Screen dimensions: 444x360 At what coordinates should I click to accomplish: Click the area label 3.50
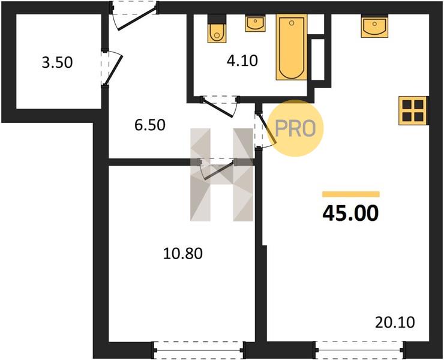click(57, 62)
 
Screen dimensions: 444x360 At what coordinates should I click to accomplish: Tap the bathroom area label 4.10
click(242, 61)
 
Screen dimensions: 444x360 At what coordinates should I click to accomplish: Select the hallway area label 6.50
click(150, 125)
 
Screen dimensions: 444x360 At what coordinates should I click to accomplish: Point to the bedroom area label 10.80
click(183, 254)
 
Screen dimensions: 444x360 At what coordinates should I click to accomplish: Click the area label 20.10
click(395, 322)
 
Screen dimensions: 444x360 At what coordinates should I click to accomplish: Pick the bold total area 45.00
click(350, 213)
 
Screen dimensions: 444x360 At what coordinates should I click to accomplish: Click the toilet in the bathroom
click(217, 29)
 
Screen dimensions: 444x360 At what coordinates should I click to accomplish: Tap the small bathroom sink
click(256, 24)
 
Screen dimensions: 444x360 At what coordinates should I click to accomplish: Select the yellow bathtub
click(292, 47)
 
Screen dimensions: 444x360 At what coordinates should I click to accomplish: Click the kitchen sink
click(374, 26)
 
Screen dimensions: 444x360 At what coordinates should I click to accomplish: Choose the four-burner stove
click(413, 111)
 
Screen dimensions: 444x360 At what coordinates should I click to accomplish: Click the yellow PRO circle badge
click(295, 128)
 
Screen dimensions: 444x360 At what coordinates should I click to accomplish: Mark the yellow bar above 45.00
click(351, 194)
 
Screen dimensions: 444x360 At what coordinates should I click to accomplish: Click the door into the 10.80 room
click(217, 169)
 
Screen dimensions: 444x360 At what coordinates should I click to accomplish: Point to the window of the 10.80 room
click(199, 350)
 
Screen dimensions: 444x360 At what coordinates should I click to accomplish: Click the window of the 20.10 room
click(359, 350)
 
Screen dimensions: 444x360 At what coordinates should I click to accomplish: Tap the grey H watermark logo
click(222, 175)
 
